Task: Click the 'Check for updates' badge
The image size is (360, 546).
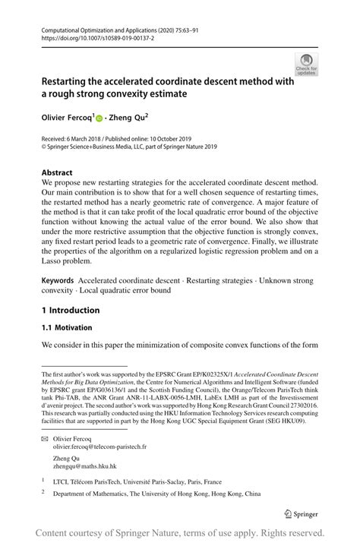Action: coord(306,65)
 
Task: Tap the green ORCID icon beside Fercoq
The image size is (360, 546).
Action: coord(99,118)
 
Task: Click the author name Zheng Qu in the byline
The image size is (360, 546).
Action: coord(129,118)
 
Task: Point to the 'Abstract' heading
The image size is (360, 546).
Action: coord(57,172)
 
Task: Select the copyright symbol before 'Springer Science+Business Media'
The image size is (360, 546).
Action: coord(43,147)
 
